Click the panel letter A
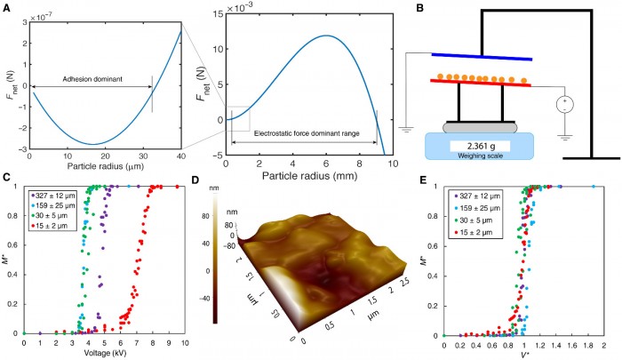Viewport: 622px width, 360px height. coord(6,7)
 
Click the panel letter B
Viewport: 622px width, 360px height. coord(408,8)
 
